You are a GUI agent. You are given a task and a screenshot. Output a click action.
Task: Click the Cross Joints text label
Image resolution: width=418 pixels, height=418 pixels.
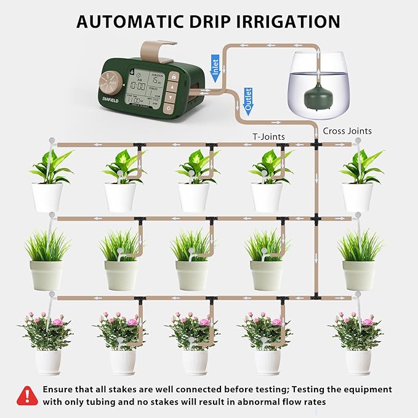(347, 131)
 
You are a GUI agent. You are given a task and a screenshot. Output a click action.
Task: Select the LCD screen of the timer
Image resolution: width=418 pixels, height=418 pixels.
(145, 89)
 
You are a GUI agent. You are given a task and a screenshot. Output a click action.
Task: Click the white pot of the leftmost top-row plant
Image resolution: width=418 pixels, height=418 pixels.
(47, 198)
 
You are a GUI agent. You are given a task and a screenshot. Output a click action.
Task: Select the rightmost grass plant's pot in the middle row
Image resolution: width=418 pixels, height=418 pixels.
(358, 275)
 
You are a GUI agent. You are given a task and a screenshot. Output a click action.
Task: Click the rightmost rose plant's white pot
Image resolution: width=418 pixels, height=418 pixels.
(358, 362)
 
